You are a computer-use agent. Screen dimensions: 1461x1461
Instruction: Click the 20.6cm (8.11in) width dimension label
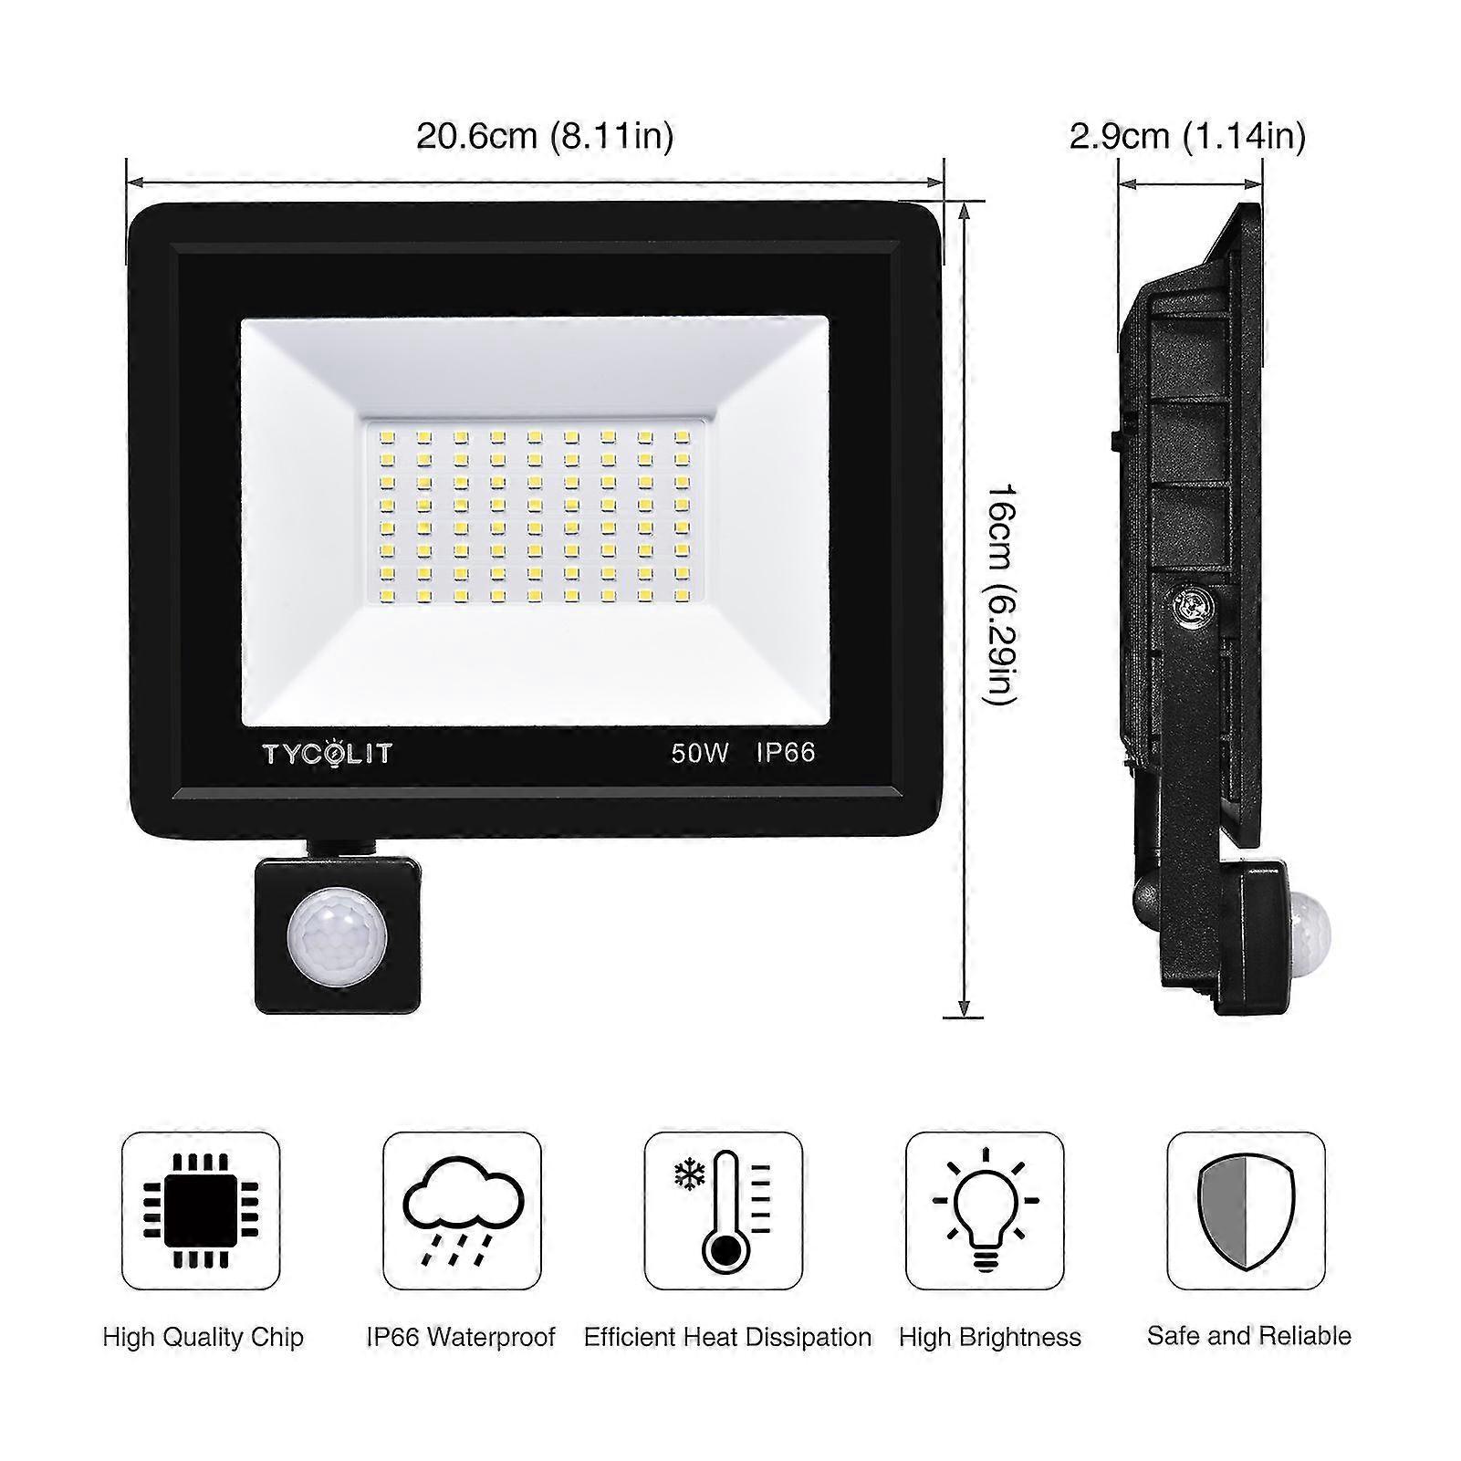click(545, 137)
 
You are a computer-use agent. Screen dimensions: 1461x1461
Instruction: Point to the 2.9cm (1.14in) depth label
click(1187, 137)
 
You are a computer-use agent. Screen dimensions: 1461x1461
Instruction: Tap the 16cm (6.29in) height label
click(1000, 594)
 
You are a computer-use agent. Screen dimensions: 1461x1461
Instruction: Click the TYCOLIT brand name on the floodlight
click(328, 754)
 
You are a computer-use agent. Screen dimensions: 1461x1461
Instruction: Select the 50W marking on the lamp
click(701, 753)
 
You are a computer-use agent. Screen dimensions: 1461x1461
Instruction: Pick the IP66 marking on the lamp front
click(786, 753)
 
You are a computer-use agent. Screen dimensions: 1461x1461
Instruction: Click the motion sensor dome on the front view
click(337, 937)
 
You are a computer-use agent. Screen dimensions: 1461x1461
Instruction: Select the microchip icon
click(201, 1211)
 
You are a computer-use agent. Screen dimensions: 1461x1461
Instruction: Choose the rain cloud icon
click(463, 1211)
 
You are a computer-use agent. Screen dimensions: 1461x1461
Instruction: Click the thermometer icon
click(725, 1210)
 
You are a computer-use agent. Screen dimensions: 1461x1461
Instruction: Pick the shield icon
click(1247, 1211)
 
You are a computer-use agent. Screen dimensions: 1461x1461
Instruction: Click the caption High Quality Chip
click(203, 1338)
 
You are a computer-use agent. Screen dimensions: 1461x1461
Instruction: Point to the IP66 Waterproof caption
click(461, 1338)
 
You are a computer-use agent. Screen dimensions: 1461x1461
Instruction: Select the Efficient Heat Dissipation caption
click(728, 1338)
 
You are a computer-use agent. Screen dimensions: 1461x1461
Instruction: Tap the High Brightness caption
click(990, 1338)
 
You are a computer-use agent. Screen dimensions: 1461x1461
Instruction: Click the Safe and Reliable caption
click(1249, 1336)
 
